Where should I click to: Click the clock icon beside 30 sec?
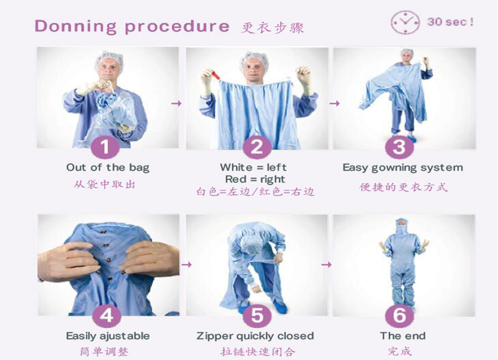pos(406,22)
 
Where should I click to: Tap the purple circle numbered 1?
pos(105,147)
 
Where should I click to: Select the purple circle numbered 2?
pos(257,147)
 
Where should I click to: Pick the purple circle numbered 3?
pos(399,147)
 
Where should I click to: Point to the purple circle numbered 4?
pos(107,315)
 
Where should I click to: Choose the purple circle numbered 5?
pos(257,315)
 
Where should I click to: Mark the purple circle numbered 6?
pos(399,315)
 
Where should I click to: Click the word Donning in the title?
pos(75,27)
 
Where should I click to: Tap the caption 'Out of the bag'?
pos(108,168)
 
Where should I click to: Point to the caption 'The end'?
pos(403,336)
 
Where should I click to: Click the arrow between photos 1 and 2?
pos(176,103)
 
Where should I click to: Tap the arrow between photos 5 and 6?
pos(326,264)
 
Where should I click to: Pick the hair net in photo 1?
pos(109,61)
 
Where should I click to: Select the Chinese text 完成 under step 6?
pos(400,352)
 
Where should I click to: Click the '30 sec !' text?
pos(450,22)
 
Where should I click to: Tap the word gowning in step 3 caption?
pos(399,168)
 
